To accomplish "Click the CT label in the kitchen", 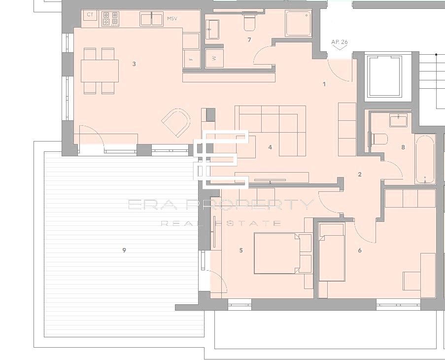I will click(x=90, y=15).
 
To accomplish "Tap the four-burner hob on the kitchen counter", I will click(x=110, y=19).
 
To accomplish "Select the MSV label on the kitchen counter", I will click(x=172, y=19).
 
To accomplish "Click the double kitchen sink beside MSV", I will click(x=151, y=19).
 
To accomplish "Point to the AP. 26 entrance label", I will click(x=340, y=42).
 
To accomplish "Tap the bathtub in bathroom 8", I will click(x=424, y=159).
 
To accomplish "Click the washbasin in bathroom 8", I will click(x=398, y=120).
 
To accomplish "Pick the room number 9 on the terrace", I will click(x=124, y=251).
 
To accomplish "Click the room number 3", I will click(x=134, y=64).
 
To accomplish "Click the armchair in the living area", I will click(x=176, y=123).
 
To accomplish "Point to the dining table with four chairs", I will click(x=100, y=71).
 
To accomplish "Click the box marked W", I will click(x=214, y=58).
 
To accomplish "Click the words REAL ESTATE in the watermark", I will click(x=221, y=223).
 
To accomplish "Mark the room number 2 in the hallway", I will click(x=360, y=175).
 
